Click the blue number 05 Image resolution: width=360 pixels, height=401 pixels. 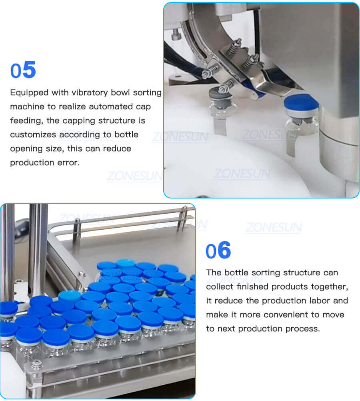[23, 70]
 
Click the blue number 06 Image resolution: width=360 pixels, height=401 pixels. [218, 251]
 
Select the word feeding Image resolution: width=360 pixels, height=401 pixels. [25, 121]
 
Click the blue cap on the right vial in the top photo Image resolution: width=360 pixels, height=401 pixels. [301, 102]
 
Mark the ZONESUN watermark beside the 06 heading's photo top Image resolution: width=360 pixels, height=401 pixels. [274, 228]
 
